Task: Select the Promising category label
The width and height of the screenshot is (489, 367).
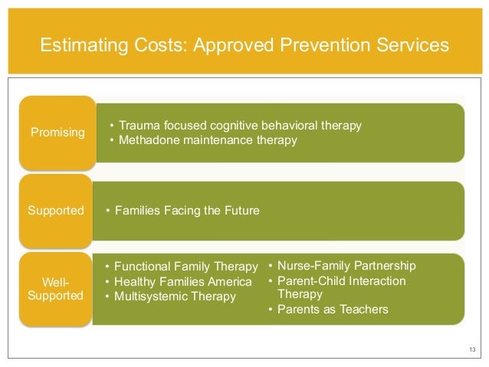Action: [x=57, y=133]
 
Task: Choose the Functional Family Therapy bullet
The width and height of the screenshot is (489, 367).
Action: [x=185, y=266]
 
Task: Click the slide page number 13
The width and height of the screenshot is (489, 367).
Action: [x=471, y=351]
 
